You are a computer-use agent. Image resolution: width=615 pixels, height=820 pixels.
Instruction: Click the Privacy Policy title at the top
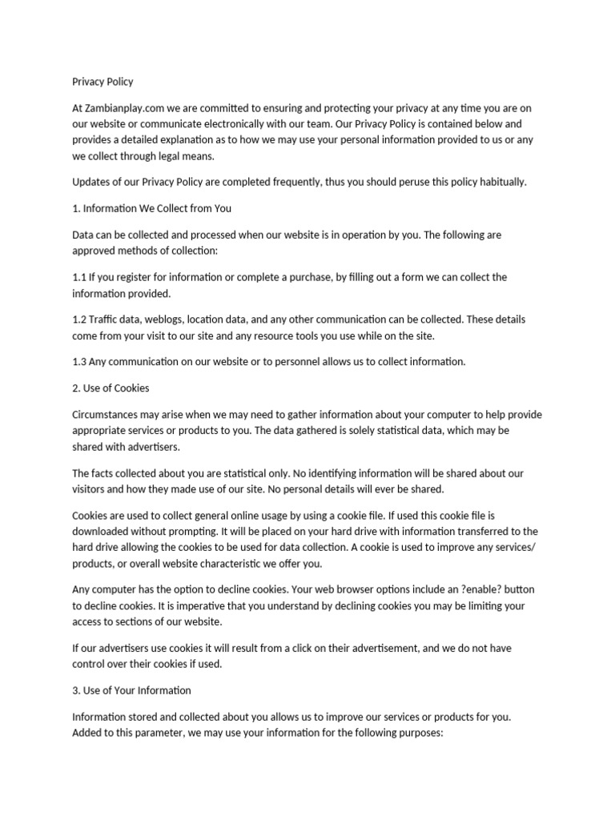tap(102, 82)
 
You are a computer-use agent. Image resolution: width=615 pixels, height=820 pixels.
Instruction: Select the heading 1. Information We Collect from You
tap(151, 209)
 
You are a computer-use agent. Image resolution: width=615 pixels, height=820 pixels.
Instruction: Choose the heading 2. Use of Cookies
tap(111, 388)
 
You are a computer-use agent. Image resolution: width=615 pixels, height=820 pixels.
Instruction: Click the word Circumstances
tap(110, 415)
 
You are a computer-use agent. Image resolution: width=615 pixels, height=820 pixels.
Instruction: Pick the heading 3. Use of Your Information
tap(131, 690)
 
